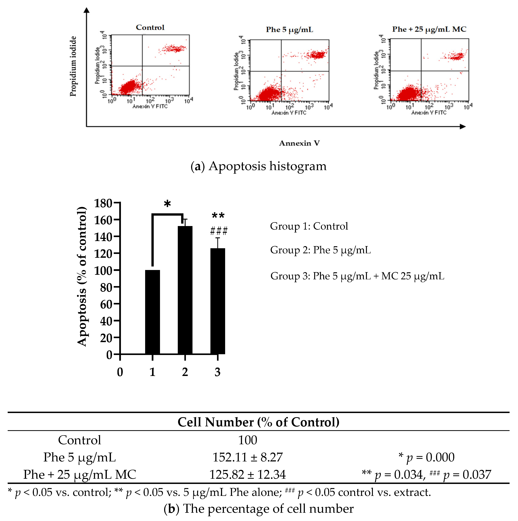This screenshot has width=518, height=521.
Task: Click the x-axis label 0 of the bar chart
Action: [120, 372]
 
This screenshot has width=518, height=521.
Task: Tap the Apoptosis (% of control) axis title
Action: [82, 276]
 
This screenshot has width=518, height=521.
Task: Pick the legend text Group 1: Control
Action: [309, 226]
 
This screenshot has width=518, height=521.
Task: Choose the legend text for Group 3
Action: [357, 276]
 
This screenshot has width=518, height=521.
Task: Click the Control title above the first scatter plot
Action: [150, 28]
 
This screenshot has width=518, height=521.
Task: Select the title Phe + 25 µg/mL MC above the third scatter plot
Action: [429, 29]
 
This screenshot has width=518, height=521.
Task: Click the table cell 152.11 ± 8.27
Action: [247, 457]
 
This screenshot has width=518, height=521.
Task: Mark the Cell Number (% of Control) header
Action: [258, 422]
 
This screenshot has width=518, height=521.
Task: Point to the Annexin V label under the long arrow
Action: [299, 143]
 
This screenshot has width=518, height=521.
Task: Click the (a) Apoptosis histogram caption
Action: [258, 166]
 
